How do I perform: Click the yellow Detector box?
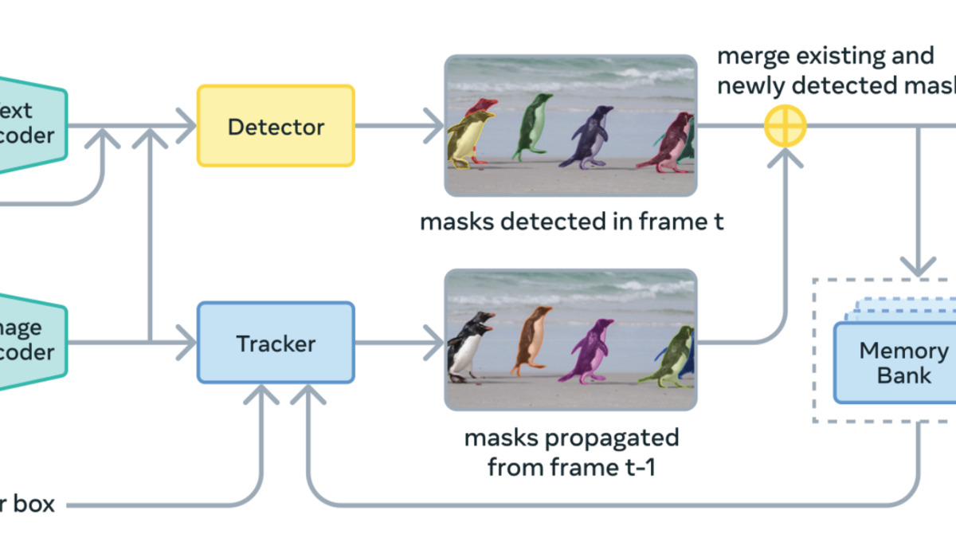click(x=276, y=126)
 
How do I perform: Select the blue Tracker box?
click(x=276, y=343)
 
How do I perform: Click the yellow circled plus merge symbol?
click(x=786, y=126)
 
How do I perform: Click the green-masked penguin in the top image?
click(x=529, y=128)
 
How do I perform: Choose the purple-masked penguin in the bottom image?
click(x=590, y=351)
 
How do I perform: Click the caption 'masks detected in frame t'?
click(x=571, y=222)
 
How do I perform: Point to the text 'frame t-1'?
click(x=610, y=466)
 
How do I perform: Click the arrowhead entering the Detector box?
click(x=187, y=126)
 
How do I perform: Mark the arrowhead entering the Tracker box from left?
click(x=187, y=343)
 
